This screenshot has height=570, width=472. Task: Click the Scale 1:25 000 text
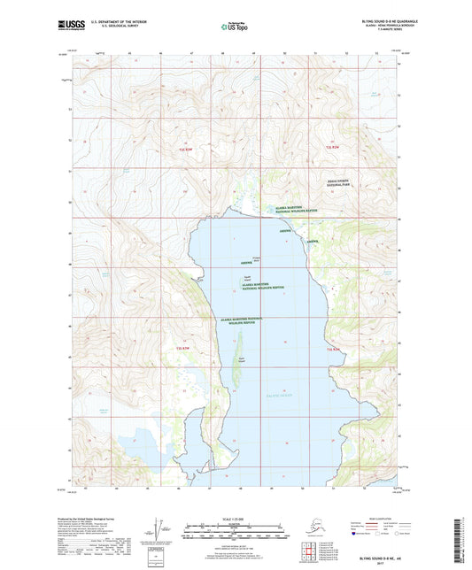(x=236, y=518)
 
